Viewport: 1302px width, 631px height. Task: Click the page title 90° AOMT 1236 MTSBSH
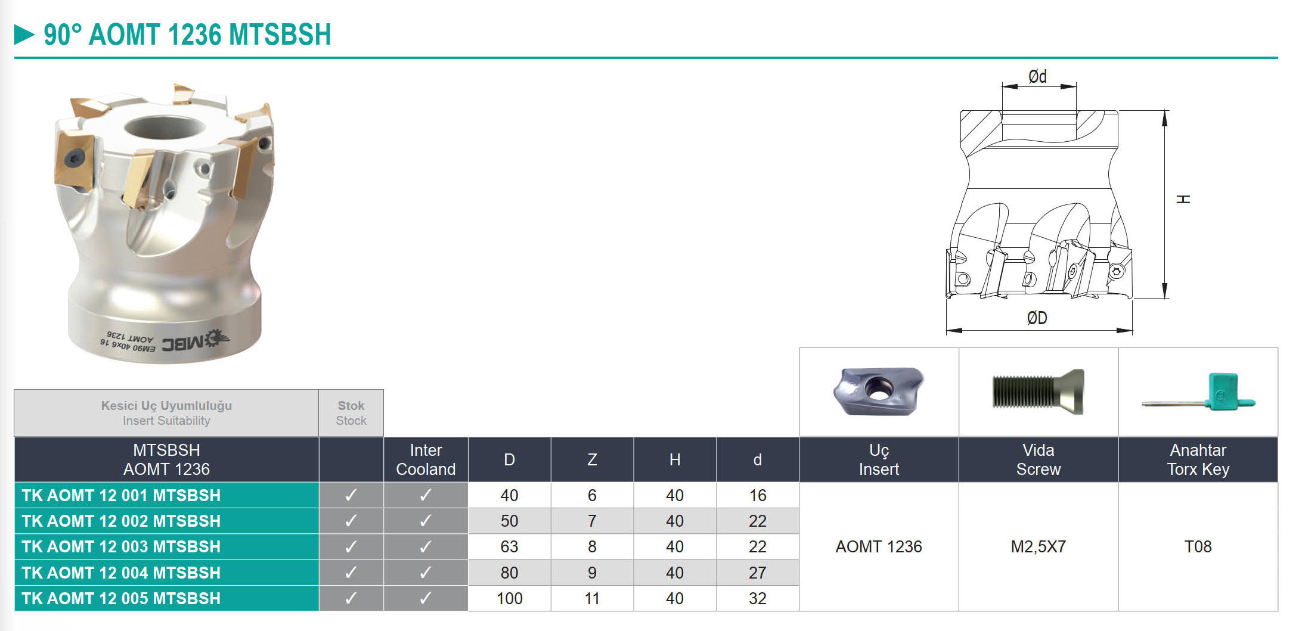pos(187,35)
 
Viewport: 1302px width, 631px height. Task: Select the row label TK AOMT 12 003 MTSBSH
pos(121,546)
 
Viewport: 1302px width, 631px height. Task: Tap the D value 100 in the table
pos(509,598)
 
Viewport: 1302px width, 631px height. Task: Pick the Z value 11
pos(592,598)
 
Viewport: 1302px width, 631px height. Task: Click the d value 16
pos(758,495)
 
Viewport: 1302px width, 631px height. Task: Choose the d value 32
pos(758,598)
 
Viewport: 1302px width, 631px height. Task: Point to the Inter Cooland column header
pos(426,459)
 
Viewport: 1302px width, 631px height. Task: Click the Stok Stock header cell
pos(351,413)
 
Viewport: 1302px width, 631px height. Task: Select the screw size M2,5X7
pos(1038,546)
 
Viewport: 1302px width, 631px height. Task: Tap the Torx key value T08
pos(1198,546)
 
